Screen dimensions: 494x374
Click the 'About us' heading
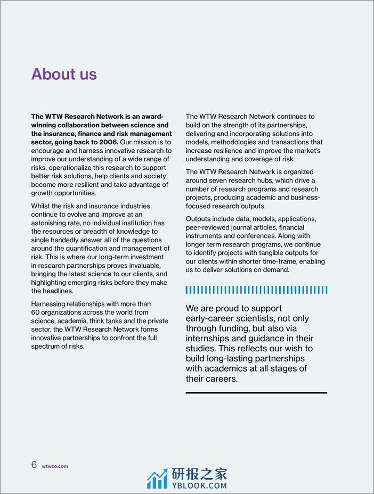click(x=64, y=74)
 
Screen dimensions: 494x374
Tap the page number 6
click(x=34, y=465)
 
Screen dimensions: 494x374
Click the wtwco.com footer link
click(x=55, y=466)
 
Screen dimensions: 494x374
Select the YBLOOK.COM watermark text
click(x=199, y=485)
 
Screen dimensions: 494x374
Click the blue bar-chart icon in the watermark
click(x=157, y=480)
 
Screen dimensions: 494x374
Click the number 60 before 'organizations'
click(x=36, y=312)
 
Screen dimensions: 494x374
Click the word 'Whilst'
click(x=42, y=206)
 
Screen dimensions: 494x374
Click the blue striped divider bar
click(x=256, y=290)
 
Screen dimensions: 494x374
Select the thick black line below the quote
click(x=256, y=393)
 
